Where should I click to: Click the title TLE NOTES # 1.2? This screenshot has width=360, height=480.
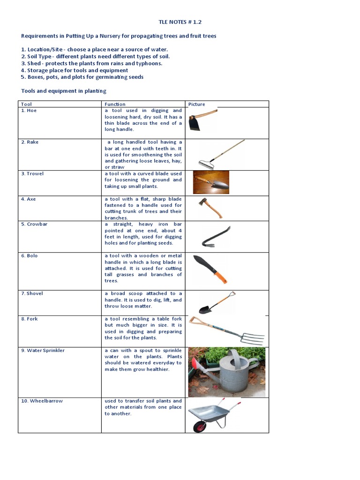point(180,22)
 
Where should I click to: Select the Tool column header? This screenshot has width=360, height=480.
point(27,104)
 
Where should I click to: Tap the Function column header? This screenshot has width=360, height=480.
point(115,104)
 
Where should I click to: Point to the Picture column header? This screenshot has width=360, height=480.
point(196,104)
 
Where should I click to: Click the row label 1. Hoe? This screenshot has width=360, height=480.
point(29,111)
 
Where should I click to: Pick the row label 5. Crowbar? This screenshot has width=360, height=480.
point(34,224)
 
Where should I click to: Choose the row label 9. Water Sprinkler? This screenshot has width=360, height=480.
point(43,351)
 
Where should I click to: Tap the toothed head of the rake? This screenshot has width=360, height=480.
point(205,165)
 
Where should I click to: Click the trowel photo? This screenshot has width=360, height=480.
point(211,182)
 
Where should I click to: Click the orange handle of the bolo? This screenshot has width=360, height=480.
point(221,277)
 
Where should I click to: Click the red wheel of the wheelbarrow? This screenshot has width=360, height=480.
point(200,427)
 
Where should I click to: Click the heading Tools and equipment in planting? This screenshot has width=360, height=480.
point(64,91)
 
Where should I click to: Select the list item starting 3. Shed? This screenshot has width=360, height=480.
point(91,63)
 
